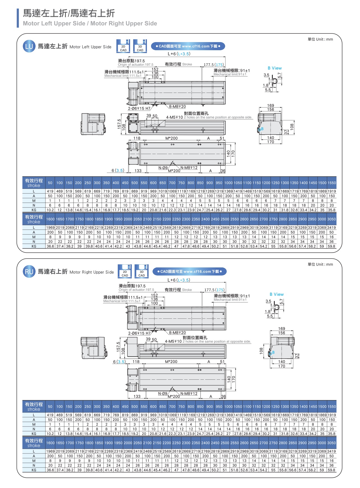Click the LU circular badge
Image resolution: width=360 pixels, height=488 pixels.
pos(29,46)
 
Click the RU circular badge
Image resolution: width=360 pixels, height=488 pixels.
pos(29,272)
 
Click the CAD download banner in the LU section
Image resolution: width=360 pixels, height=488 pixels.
pos(188,46)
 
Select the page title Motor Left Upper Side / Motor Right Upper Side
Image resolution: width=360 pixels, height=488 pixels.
pos(90,24)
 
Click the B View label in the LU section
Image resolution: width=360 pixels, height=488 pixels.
pos(275,68)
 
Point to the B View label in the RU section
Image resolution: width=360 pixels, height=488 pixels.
pos(277,294)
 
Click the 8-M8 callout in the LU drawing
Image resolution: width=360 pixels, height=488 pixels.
pos(177,107)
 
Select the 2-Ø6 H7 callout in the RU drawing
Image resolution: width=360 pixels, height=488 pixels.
pos(139,333)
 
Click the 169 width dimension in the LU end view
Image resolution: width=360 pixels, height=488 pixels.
pos(271,106)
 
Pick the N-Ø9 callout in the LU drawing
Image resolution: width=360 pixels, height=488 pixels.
pos(163,168)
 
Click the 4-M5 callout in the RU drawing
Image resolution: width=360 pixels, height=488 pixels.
pos(173,342)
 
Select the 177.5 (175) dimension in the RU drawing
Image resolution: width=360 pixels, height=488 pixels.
pos(214,290)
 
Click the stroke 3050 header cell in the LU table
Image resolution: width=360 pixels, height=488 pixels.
pos(331,219)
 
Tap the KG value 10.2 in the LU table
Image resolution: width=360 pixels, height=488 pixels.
pos(50,210)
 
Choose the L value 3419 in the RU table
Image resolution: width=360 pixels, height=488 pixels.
pos(331,451)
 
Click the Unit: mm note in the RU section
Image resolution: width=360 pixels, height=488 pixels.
pos(320,264)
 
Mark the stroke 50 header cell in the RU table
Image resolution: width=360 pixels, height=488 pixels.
pos(50,407)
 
